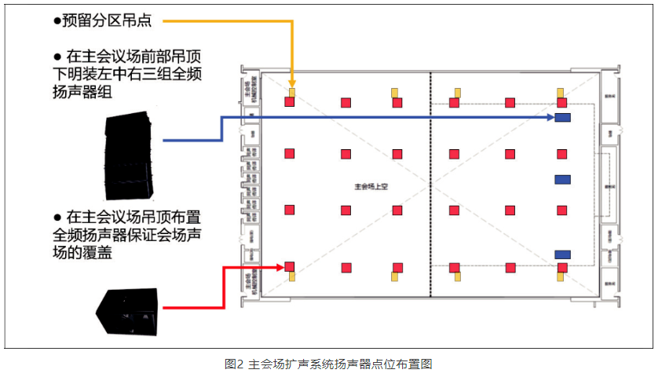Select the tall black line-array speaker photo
(x=130, y=156)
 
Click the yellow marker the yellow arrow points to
(x=292, y=92)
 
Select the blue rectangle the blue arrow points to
(x=562, y=118)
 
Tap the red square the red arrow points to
(x=290, y=267)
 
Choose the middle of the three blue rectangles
(x=562, y=180)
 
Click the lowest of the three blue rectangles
(x=562, y=254)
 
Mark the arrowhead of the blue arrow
(x=550, y=118)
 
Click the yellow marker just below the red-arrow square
(x=292, y=276)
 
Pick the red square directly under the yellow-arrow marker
(x=290, y=102)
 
